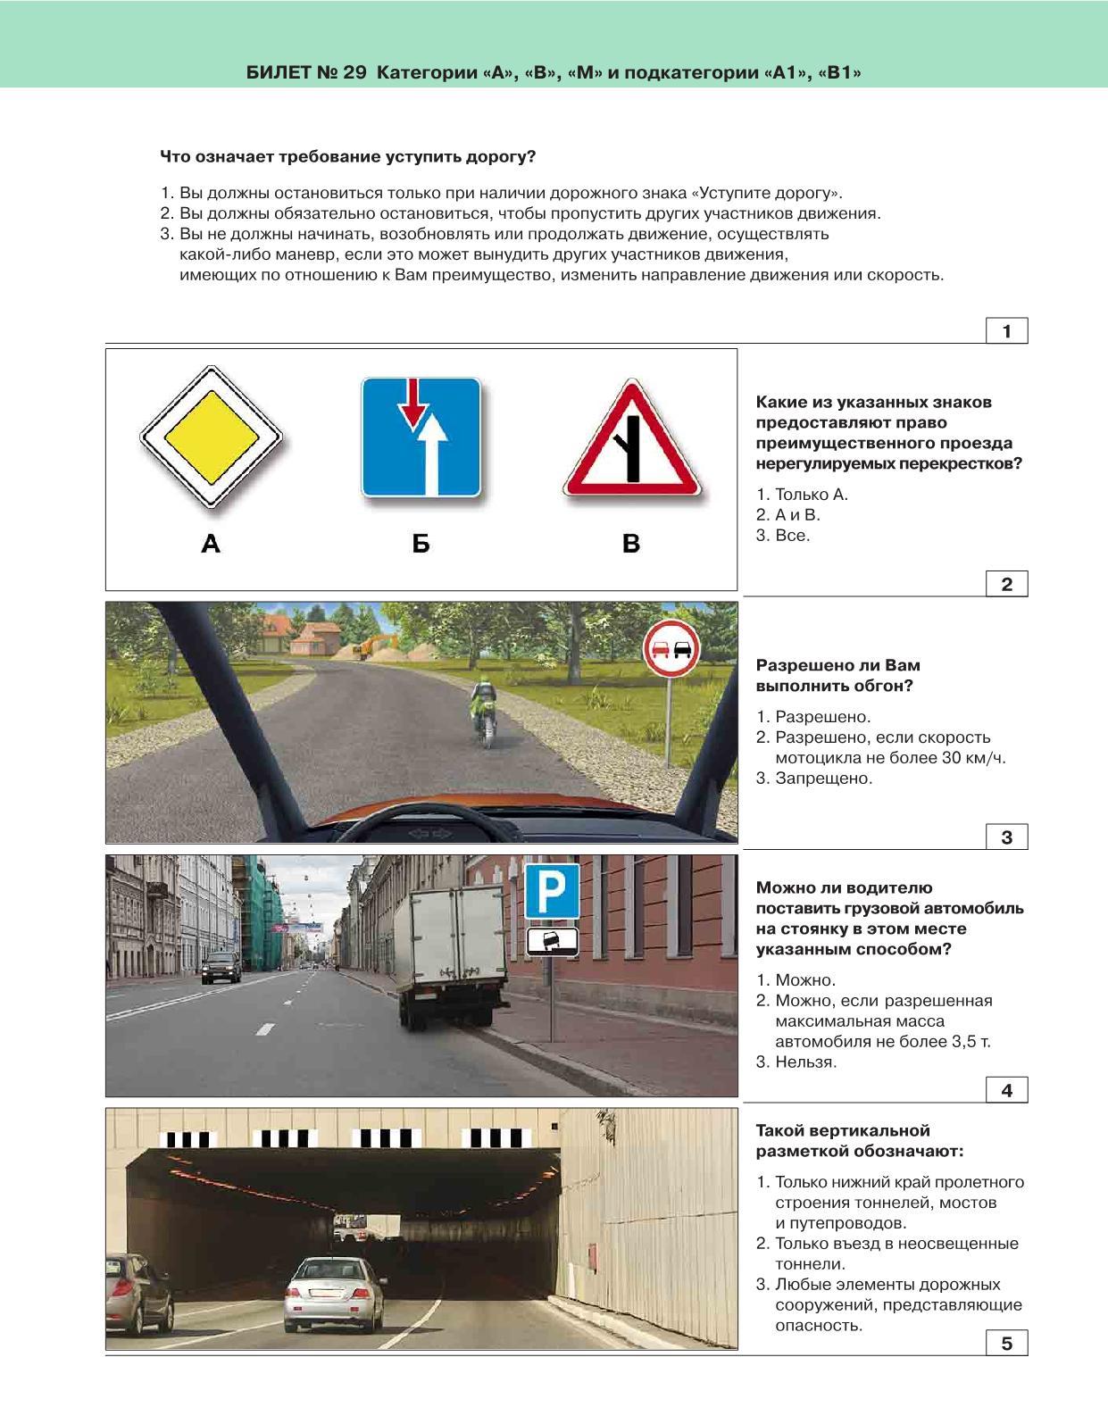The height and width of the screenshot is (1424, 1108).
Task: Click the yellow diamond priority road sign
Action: [211, 437]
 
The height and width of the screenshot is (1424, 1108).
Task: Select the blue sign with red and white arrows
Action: [421, 437]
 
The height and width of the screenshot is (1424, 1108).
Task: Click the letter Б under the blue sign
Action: [421, 543]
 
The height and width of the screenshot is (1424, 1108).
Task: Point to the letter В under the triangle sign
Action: [631, 543]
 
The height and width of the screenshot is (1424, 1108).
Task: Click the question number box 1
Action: [1006, 331]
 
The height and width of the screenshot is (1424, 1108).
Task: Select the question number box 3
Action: [1006, 837]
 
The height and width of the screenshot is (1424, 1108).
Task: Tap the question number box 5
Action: [1006, 1343]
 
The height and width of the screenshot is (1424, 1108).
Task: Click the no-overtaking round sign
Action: [671, 649]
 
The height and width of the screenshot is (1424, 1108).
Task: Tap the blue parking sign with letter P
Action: [551, 890]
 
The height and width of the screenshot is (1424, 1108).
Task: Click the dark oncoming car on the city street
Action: [221, 967]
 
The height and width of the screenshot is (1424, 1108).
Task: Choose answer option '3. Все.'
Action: [783, 536]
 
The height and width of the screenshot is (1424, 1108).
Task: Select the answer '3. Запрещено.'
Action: [814, 778]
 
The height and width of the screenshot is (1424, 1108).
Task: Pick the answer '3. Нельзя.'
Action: [796, 1062]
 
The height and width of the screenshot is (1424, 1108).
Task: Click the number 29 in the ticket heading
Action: [354, 72]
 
